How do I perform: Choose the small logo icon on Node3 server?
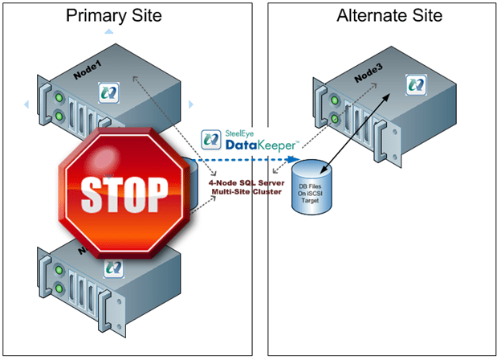[414, 83]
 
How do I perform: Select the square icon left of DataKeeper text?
[210, 139]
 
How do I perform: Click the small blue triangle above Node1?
[107, 31]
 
